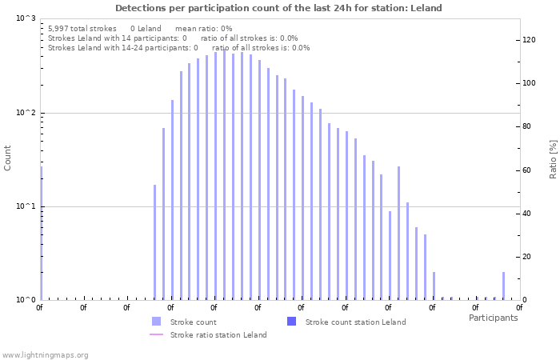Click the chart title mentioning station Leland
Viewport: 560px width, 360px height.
pos(278,8)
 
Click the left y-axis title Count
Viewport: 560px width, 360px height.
pos(8,158)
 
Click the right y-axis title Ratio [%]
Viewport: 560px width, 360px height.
pos(553,158)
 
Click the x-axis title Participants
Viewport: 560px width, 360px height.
pos(493,318)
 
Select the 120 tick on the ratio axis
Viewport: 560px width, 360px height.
pos(530,39)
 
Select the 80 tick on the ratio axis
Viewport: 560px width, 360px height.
pos(528,126)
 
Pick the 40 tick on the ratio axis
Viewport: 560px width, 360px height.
pos(528,213)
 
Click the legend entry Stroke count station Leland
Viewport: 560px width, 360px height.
pos(355,322)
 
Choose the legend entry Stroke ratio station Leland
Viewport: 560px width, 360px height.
pos(218,335)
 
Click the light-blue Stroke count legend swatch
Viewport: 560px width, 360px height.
pos(156,322)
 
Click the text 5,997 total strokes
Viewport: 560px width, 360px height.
pos(82,28)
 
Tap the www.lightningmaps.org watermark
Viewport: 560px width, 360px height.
pos(45,354)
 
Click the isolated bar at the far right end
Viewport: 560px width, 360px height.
pos(503,286)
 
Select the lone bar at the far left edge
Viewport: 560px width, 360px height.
pos(41,232)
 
